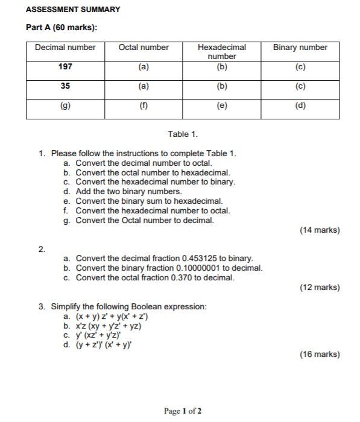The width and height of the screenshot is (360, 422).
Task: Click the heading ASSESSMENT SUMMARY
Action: [73, 10]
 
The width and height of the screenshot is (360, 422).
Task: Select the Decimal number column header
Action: [65, 48]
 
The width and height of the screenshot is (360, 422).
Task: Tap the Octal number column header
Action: [144, 48]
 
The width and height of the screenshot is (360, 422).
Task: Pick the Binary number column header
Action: [300, 48]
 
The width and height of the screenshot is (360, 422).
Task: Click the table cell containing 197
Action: [65, 67]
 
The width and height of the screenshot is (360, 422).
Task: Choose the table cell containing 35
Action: [65, 86]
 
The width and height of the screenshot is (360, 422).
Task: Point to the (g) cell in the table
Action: [65, 105]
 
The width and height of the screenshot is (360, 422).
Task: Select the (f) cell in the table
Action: [144, 105]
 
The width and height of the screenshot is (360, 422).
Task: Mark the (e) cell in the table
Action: [222, 105]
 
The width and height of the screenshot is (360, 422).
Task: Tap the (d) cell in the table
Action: [300, 105]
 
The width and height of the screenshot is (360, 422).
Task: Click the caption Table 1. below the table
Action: [183, 134]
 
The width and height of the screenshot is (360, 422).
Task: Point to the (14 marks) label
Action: [320, 230]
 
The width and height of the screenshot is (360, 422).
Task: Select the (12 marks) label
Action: [320, 288]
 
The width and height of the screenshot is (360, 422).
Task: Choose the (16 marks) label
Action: [320, 354]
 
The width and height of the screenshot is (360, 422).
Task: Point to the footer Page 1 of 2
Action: [183, 411]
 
